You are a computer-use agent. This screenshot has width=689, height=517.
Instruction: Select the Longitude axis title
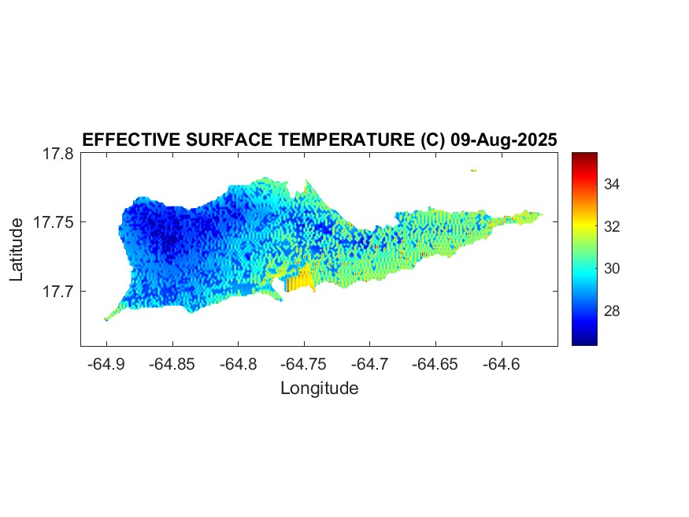coord(319,388)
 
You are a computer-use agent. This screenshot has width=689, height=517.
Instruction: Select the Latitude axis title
coord(17,250)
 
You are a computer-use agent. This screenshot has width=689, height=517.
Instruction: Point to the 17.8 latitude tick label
coord(57,154)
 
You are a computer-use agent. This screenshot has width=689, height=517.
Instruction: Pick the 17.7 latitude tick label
coord(57,291)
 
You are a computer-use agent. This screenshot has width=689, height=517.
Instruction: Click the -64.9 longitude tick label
coord(106,364)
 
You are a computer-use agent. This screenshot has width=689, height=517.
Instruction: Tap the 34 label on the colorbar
coord(613,184)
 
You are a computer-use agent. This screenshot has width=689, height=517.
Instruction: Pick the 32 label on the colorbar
coord(613,226)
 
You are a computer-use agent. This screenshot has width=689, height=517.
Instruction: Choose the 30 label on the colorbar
coord(613,269)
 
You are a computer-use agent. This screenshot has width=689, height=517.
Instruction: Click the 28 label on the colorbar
coord(613,311)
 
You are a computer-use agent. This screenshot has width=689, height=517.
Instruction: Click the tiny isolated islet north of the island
coord(474,169)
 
